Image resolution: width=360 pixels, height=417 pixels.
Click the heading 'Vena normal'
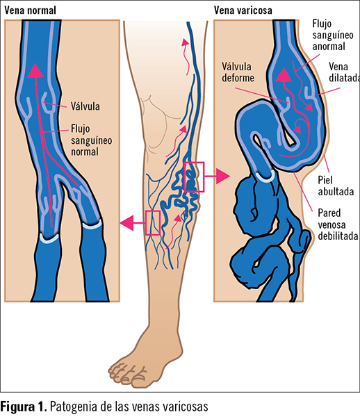[x=31, y=10]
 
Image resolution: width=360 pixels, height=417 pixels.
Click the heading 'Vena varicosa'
[x=243, y=10]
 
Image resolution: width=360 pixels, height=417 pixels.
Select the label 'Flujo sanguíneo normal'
[x=91, y=140]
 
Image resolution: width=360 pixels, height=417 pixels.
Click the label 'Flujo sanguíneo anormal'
[x=333, y=35]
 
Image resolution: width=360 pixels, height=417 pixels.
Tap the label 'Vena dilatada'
[x=344, y=72]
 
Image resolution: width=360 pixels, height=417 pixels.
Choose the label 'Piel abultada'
[x=336, y=186]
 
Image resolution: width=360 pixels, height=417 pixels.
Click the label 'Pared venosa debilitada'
[x=338, y=224]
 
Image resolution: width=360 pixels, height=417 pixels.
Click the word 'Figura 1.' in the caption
[x=24, y=407]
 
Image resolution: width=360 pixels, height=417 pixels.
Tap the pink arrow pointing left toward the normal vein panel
[x=133, y=223]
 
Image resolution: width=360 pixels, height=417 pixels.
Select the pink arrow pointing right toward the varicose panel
[x=217, y=176]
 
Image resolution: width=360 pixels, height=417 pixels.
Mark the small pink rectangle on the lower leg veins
[x=146, y=223]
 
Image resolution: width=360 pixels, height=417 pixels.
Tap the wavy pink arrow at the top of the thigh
[x=187, y=56]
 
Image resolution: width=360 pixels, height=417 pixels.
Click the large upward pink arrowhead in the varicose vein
[x=284, y=74]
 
